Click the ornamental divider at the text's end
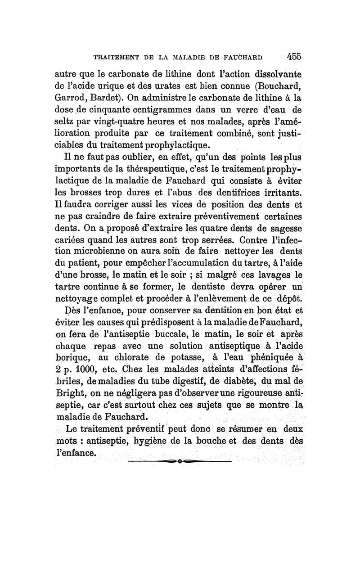pos(179,462)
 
